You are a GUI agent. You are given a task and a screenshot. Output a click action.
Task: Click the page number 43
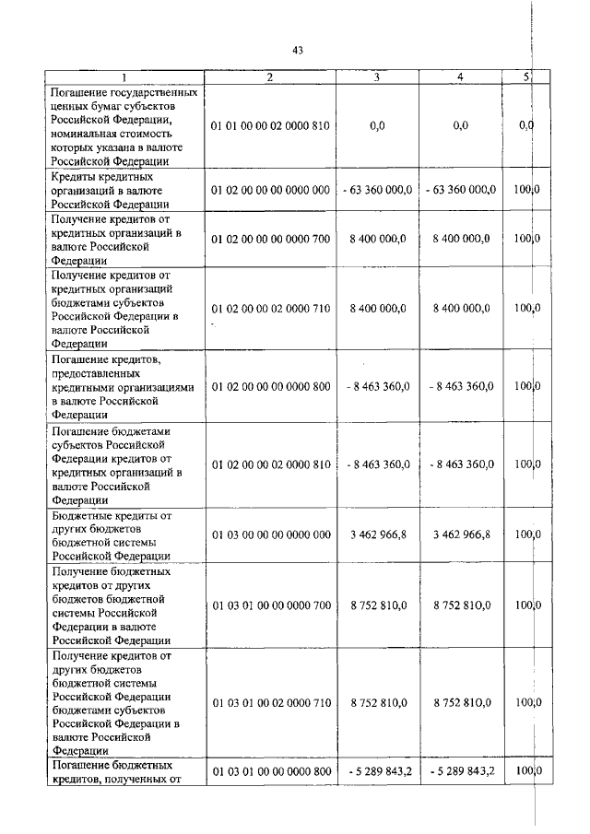297,51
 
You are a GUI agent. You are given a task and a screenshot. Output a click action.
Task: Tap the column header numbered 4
459,77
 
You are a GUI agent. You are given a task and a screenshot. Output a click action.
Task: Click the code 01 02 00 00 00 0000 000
270,190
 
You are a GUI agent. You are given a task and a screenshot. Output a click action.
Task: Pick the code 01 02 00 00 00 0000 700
270,239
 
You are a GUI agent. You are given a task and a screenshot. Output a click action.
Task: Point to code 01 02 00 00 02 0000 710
270,309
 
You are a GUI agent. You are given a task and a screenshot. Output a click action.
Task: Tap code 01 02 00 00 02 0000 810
270,464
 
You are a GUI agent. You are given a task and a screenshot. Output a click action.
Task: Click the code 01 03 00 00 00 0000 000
270,534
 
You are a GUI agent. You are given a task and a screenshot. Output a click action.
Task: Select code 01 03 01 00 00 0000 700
270,605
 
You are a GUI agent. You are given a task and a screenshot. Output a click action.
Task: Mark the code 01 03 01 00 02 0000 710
270,702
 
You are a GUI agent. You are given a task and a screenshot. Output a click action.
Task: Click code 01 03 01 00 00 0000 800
270,770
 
